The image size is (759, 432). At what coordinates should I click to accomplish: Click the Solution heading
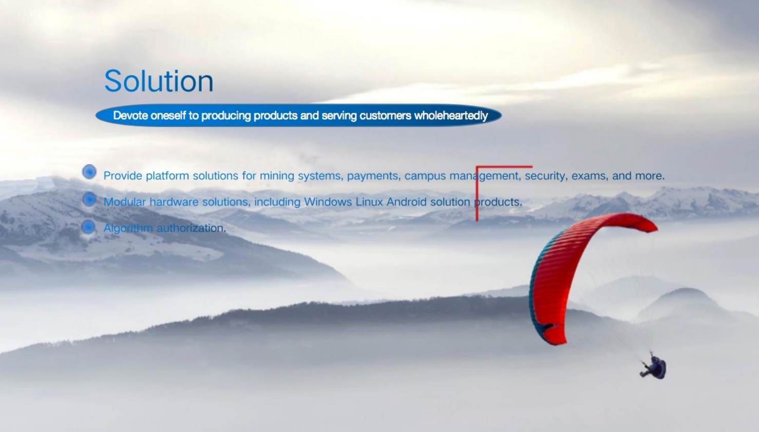pyautogui.click(x=159, y=81)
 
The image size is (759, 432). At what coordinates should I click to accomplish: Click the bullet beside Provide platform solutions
pyautogui.click(x=89, y=172)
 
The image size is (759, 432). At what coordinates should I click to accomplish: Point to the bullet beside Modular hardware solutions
pyautogui.click(x=89, y=199)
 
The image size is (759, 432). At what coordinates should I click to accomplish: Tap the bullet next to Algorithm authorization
pyautogui.click(x=88, y=227)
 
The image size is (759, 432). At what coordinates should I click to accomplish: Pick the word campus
pyautogui.click(x=425, y=176)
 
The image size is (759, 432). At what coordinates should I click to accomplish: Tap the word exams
pyautogui.click(x=590, y=176)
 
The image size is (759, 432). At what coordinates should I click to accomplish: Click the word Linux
pyautogui.click(x=369, y=202)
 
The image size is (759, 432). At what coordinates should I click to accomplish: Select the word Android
pyautogui.click(x=406, y=202)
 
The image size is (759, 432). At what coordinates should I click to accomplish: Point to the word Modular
pyautogui.click(x=125, y=202)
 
